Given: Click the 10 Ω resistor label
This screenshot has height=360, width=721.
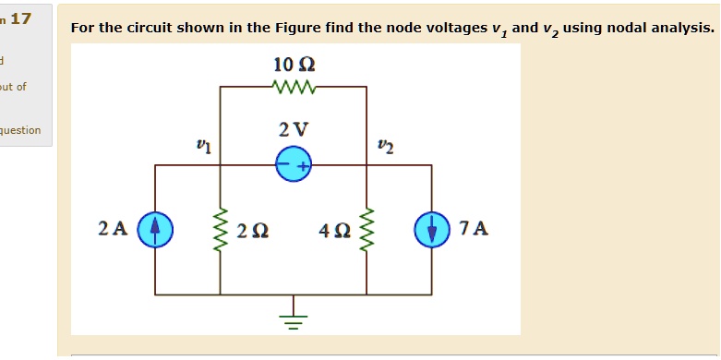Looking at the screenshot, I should (294, 65).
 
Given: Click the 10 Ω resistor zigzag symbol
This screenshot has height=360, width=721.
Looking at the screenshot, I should (295, 88).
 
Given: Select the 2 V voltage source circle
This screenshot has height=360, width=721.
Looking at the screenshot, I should (294, 166).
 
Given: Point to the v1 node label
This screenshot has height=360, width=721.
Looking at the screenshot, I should (204, 145).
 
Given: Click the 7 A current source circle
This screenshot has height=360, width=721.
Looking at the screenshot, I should (431, 229).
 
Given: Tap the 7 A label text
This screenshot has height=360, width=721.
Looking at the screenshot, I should (473, 228).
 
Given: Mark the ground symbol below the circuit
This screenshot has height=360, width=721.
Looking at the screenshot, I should (294, 317).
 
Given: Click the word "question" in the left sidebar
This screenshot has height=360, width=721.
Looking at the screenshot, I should (19, 130).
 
